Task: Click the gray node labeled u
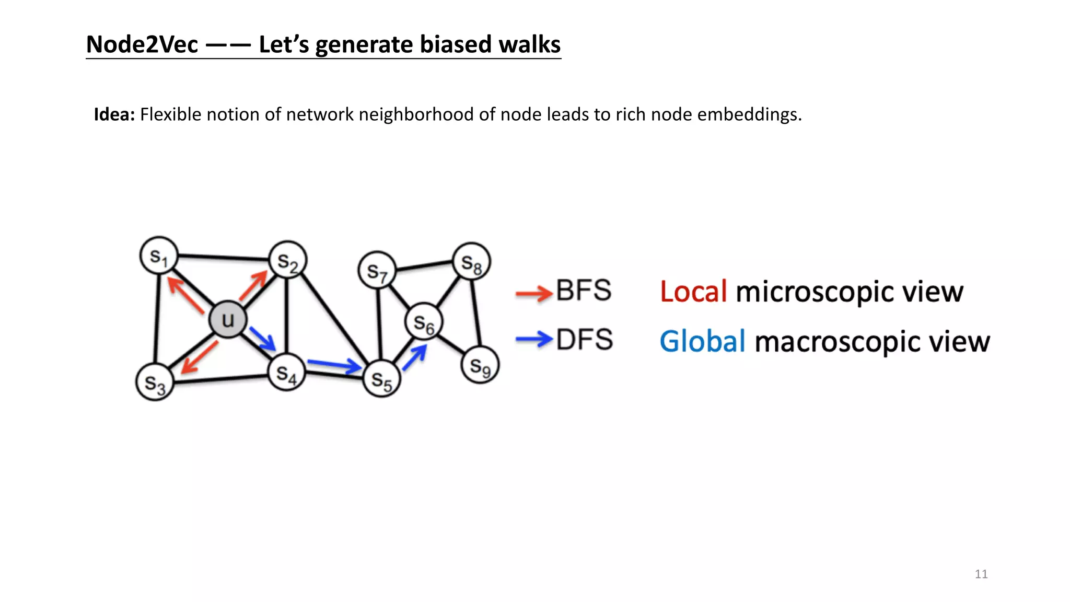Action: click(x=228, y=319)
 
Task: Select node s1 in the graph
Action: click(x=159, y=256)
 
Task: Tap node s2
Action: click(x=287, y=260)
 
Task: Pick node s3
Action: click(x=155, y=382)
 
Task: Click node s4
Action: click(x=286, y=372)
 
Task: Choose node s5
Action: click(x=381, y=379)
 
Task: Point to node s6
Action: click(x=424, y=322)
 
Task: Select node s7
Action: click(x=377, y=271)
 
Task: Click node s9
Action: click(x=480, y=365)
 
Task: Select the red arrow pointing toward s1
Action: click(x=185, y=295)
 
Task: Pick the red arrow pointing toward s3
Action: click(x=199, y=357)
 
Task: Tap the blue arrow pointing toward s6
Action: click(x=415, y=358)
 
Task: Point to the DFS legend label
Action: click(x=584, y=340)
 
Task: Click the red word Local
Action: click(x=693, y=292)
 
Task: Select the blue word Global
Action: click(x=702, y=342)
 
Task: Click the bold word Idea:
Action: click(x=114, y=114)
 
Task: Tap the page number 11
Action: click(x=981, y=574)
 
